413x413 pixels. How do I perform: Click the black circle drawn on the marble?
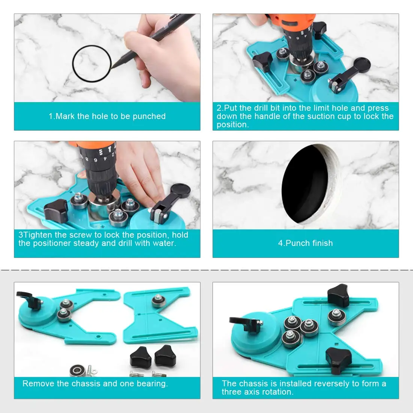tap(73, 64)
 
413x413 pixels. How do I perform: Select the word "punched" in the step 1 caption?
tap(149, 116)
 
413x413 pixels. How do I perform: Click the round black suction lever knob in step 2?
tap(362, 65)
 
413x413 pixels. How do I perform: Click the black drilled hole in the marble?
tap(305, 184)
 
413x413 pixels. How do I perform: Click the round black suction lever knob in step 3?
tap(181, 190)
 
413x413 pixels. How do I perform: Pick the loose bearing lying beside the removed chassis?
tap(77, 371)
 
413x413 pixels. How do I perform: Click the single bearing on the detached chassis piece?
tap(158, 301)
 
